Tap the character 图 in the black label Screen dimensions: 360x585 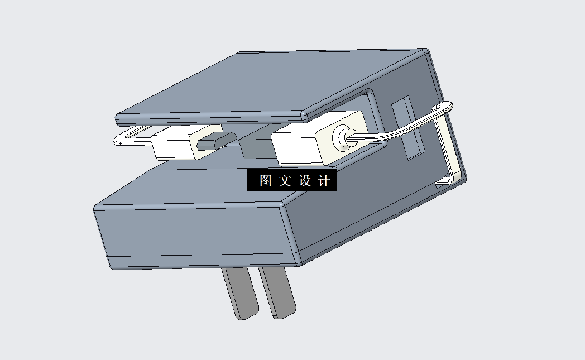[x=265, y=181]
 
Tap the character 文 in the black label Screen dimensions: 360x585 [x=285, y=181]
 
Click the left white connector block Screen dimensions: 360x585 [x=172, y=144]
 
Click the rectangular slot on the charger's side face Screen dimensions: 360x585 [x=407, y=128]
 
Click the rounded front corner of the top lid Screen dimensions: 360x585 [x=304, y=116]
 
